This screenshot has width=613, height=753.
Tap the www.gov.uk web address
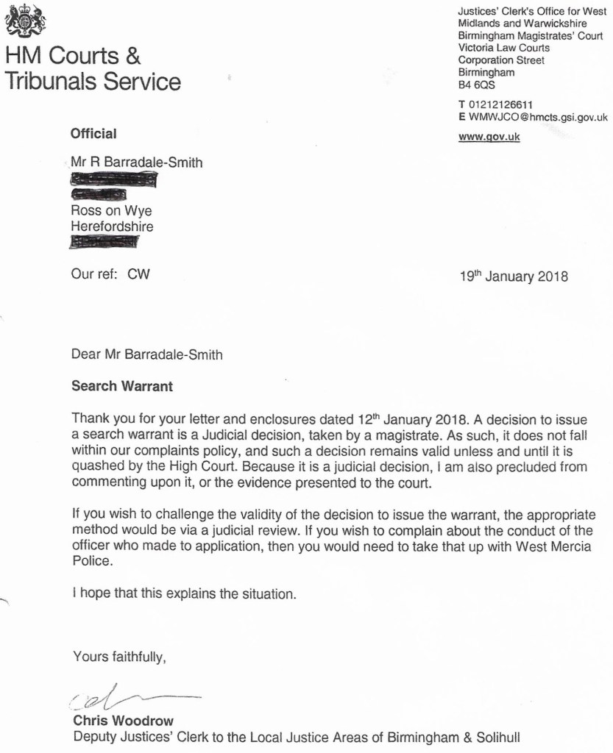tap(489, 137)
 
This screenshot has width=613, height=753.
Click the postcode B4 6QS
tap(477, 85)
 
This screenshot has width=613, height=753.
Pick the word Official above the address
tap(93, 134)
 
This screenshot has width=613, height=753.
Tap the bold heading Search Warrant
tap(122, 385)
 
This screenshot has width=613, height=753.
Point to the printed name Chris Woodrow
tap(124, 721)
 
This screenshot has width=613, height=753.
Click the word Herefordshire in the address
tap(112, 226)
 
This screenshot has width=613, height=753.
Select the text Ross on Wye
tap(111, 211)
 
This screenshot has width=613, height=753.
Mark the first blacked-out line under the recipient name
tap(113, 179)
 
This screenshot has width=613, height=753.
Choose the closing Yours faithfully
tap(119, 657)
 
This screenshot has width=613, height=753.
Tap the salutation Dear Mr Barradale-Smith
tap(146, 354)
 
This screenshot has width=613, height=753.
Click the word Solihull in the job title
tap(506, 736)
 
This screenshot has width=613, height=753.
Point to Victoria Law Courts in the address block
tap(503, 48)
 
